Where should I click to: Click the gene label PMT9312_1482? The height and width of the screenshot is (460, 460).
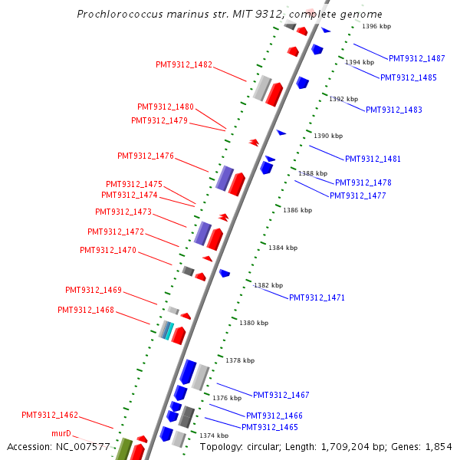pos(183,64)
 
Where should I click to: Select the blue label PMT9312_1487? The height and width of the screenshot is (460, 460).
pos(416,58)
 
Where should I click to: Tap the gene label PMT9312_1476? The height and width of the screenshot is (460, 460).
pos(146,156)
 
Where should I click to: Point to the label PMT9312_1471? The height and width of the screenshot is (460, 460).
pos(317,297)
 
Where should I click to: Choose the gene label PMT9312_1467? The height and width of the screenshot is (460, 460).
pos(281,395)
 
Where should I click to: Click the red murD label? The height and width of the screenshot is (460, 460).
pos(61,433)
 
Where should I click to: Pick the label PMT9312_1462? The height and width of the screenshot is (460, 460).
pos(50,415)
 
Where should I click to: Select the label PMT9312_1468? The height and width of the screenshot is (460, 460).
pos(86,310)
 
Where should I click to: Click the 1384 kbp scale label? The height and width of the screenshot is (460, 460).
pos(282,248)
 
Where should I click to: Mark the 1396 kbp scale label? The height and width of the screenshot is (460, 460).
pos(376,26)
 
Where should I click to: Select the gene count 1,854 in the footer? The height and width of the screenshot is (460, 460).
pos(438,446)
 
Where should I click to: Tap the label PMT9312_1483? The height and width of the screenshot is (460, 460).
pos(393,110)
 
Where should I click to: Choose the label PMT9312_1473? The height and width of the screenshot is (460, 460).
pos(123,212)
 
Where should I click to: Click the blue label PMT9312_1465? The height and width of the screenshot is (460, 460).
pos(269,427)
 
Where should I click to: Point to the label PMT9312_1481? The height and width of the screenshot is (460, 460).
pos(373,159)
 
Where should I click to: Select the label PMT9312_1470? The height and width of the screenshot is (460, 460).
pos(108,250)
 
